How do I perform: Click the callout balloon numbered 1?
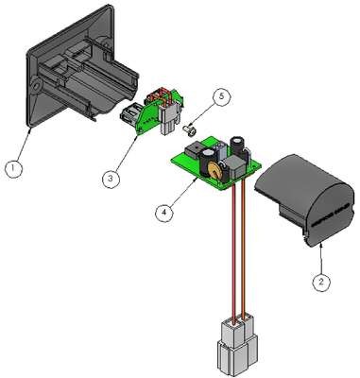coord(13,168)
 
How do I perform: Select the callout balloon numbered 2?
coord(321,282)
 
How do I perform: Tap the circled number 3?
coord(111,179)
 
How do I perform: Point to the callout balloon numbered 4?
coord(164,213)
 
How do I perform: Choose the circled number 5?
coord(222,96)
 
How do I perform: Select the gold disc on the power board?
coord(214,171)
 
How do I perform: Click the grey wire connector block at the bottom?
coord(237,347)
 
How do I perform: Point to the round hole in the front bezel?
coord(35,84)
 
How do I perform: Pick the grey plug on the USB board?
coord(169,120)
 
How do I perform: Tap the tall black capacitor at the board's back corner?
coord(237,145)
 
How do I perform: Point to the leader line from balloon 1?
coord(24,144)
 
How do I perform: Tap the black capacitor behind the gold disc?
coord(210,160)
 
